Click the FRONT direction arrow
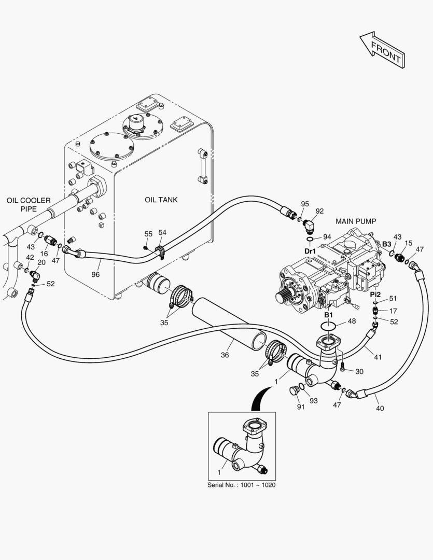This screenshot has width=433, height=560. (x=382, y=50)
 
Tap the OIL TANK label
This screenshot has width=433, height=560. (x=161, y=200)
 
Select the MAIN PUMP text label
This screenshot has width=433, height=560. (x=355, y=221)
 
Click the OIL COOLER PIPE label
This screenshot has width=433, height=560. (x=29, y=205)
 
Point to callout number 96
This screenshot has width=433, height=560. (x=95, y=274)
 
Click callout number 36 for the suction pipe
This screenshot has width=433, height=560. (x=225, y=355)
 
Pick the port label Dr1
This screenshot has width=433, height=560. (x=310, y=251)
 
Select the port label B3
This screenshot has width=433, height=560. (x=387, y=244)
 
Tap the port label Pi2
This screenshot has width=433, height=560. (x=375, y=295)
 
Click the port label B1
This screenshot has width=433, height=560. (x=328, y=315)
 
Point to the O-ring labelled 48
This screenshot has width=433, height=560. (x=328, y=326)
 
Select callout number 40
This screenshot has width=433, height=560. (x=380, y=408)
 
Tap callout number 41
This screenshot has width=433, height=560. (x=378, y=357)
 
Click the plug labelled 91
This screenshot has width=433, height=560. (x=294, y=390)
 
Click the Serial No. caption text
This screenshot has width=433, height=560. (x=242, y=485)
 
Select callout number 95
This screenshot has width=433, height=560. (x=305, y=204)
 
